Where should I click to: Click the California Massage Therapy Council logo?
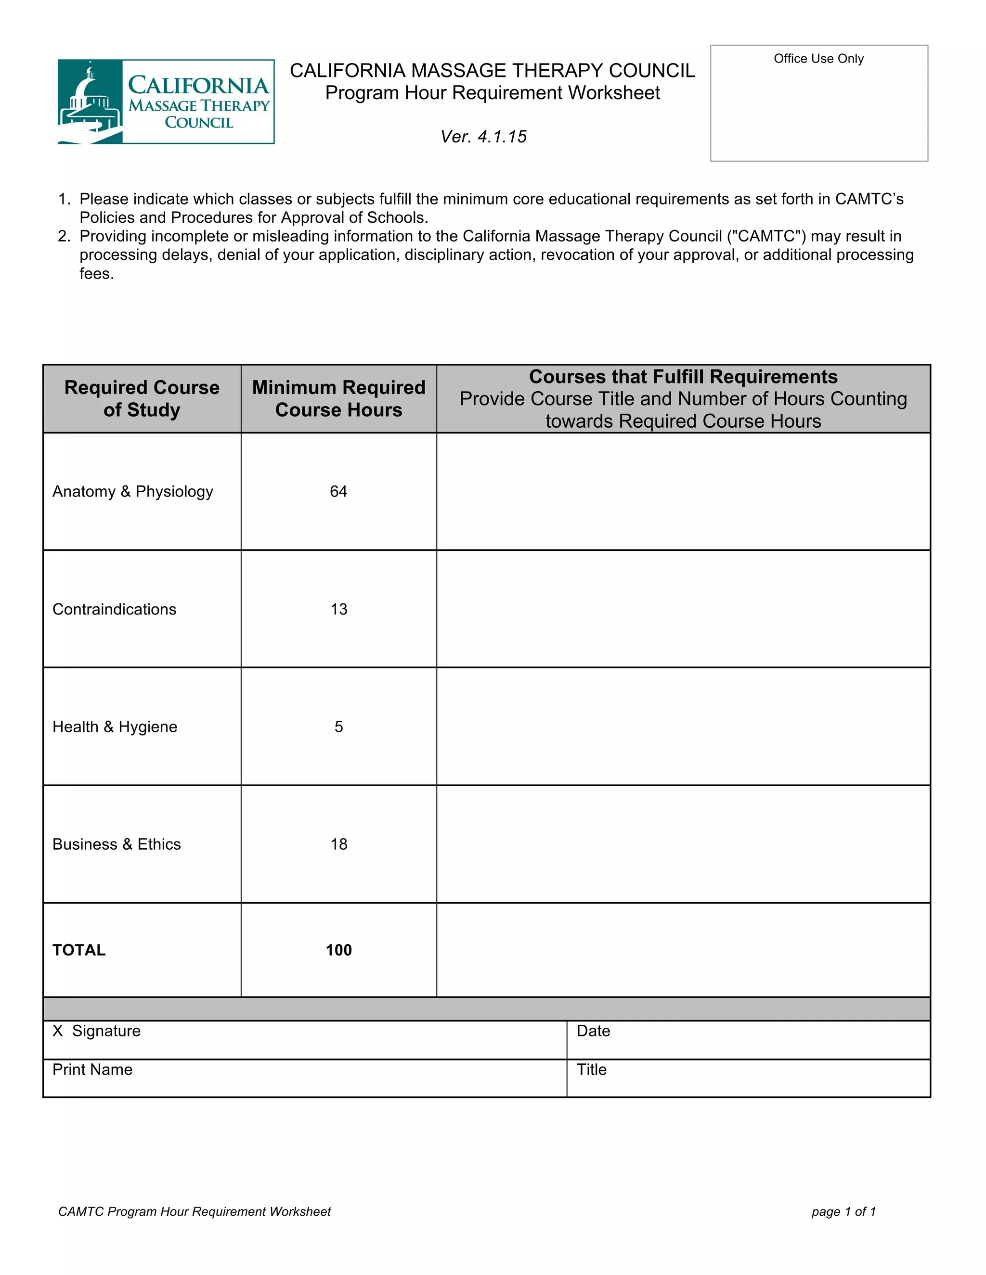tap(166, 102)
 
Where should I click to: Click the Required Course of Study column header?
tap(142, 399)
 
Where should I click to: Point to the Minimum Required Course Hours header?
tap(339, 399)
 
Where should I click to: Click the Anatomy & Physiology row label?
tap(132, 492)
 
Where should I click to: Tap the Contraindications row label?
tap(115, 610)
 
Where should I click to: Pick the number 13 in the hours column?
tap(339, 610)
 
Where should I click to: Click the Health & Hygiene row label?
tap(115, 727)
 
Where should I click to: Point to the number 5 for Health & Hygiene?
tap(339, 727)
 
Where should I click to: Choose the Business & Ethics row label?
tap(117, 844)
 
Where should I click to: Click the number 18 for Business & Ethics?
tap(339, 844)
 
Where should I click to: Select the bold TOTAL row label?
tap(79, 950)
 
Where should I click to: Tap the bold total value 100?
tap(339, 950)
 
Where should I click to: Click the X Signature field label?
tap(97, 1031)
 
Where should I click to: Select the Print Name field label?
tap(92, 1070)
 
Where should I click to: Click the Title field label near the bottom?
tap(591, 1070)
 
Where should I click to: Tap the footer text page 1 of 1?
tap(843, 1211)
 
